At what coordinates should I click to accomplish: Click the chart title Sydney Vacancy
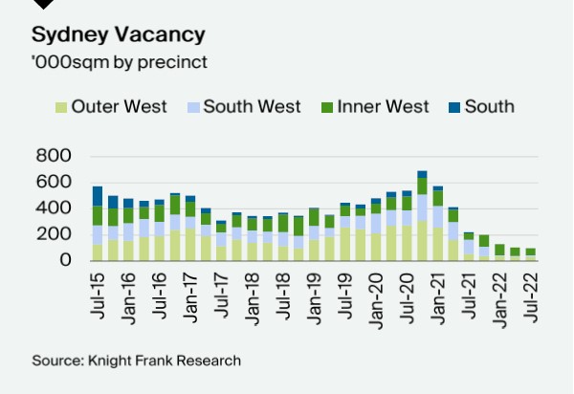[x=119, y=35]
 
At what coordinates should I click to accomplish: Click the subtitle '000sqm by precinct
[x=120, y=62]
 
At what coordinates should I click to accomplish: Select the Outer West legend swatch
[x=61, y=107]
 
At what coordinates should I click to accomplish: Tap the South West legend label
[x=252, y=106]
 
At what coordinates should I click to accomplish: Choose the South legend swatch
[x=453, y=107]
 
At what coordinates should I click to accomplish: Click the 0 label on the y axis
[x=66, y=260]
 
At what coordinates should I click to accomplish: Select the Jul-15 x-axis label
[x=98, y=293]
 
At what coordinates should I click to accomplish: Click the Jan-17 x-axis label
[x=190, y=293]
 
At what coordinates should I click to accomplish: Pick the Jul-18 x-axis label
[x=283, y=293]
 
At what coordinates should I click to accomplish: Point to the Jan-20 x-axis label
[x=376, y=293]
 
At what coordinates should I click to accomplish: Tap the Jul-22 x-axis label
[x=530, y=293]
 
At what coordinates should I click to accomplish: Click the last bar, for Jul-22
[x=530, y=253]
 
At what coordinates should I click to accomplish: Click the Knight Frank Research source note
[x=136, y=361]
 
